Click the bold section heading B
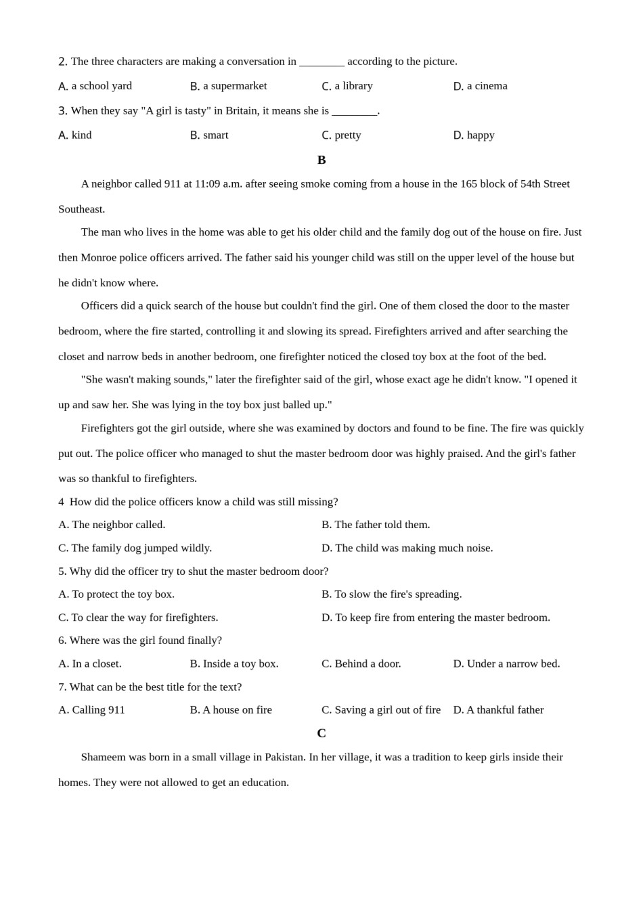[321, 160]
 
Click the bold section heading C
[321, 733]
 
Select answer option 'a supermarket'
[234, 86]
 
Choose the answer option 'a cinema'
[487, 86]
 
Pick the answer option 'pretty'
[347, 135]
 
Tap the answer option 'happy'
[481, 135]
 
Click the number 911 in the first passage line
[173, 183]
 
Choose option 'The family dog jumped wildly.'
[141, 548]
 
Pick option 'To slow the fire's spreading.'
[398, 594]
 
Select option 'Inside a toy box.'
[240, 664]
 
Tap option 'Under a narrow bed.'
[513, 664]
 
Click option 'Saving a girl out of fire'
[387, 710]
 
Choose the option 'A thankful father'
[505, 710]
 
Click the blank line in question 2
[321, 62]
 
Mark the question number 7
[62, 687]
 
